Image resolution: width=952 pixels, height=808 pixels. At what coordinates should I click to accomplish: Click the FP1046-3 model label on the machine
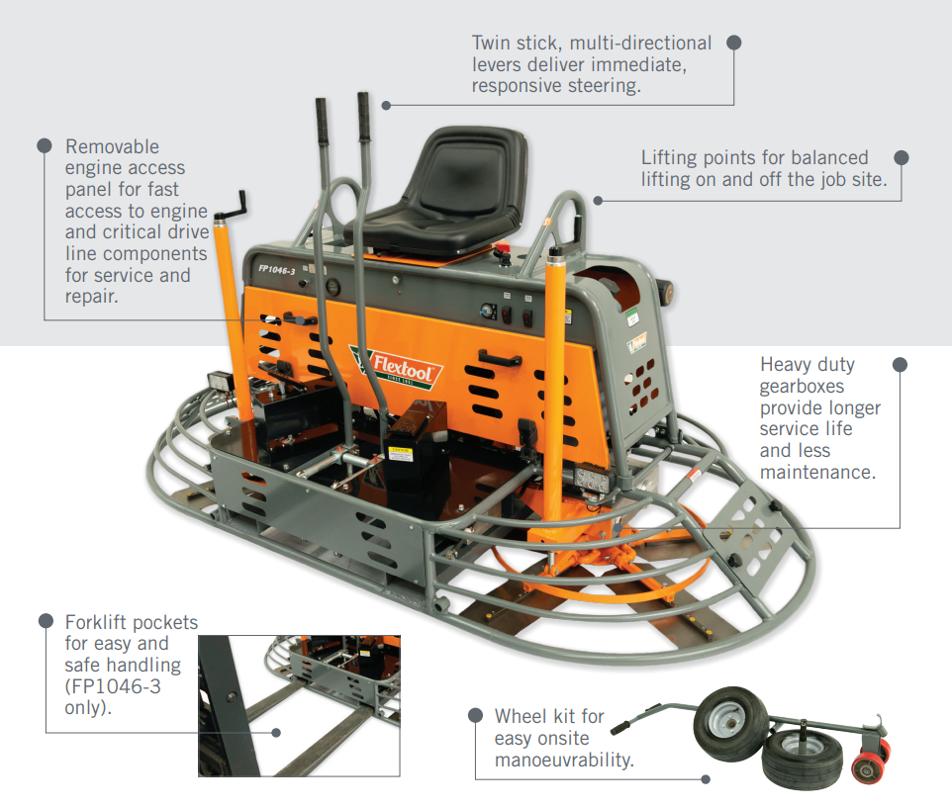[276, 269]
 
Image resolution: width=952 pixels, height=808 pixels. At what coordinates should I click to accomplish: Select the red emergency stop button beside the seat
[502, 250]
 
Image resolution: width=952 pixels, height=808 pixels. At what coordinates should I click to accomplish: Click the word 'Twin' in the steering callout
[490, 44]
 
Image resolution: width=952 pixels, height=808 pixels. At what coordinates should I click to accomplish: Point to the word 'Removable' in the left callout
[113, 146]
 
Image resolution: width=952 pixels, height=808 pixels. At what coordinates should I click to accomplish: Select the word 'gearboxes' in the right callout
[802, 387]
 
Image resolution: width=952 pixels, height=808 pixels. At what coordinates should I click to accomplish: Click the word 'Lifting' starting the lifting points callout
[669, 157]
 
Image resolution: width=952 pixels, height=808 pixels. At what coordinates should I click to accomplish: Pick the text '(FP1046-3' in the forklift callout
[113, 686]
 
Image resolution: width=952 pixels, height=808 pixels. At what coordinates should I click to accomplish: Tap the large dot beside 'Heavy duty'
[900, 365]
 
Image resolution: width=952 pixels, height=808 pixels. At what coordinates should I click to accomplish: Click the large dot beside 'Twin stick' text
[734, 43]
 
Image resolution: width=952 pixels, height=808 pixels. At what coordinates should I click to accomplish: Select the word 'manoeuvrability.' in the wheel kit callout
[564, 761]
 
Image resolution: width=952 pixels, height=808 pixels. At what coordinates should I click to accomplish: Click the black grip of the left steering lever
[322, 121]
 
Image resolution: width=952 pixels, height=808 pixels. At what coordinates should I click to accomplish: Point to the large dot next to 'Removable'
[45, 145]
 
